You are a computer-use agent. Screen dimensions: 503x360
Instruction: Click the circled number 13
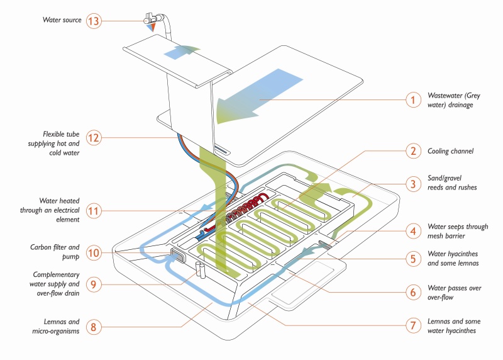point(93,21)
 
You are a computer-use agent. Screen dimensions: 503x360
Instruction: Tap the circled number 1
point(413,100)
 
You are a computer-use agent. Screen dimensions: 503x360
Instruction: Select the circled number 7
point(413,325)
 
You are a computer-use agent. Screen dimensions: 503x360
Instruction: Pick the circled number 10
point(94,253)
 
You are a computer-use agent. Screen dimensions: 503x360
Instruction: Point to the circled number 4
point(413,231)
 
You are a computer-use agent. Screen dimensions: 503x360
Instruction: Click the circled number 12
point(93,138)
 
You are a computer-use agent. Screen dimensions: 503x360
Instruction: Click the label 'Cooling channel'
point(450,151)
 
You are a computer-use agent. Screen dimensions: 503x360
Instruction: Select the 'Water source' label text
point(62,20)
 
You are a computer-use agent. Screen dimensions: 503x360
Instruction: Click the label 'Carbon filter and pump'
point(55,252)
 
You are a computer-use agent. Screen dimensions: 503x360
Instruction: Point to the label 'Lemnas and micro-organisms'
point(55,326)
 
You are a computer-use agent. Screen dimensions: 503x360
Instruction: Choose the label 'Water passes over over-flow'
point(454,293)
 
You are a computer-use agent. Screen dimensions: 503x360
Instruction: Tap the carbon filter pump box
point(178,256)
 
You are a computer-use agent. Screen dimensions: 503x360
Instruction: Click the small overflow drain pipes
point(201,270)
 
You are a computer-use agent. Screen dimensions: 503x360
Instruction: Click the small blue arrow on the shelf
point(181,52)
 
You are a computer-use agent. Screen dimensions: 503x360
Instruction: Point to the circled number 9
point(93,284)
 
